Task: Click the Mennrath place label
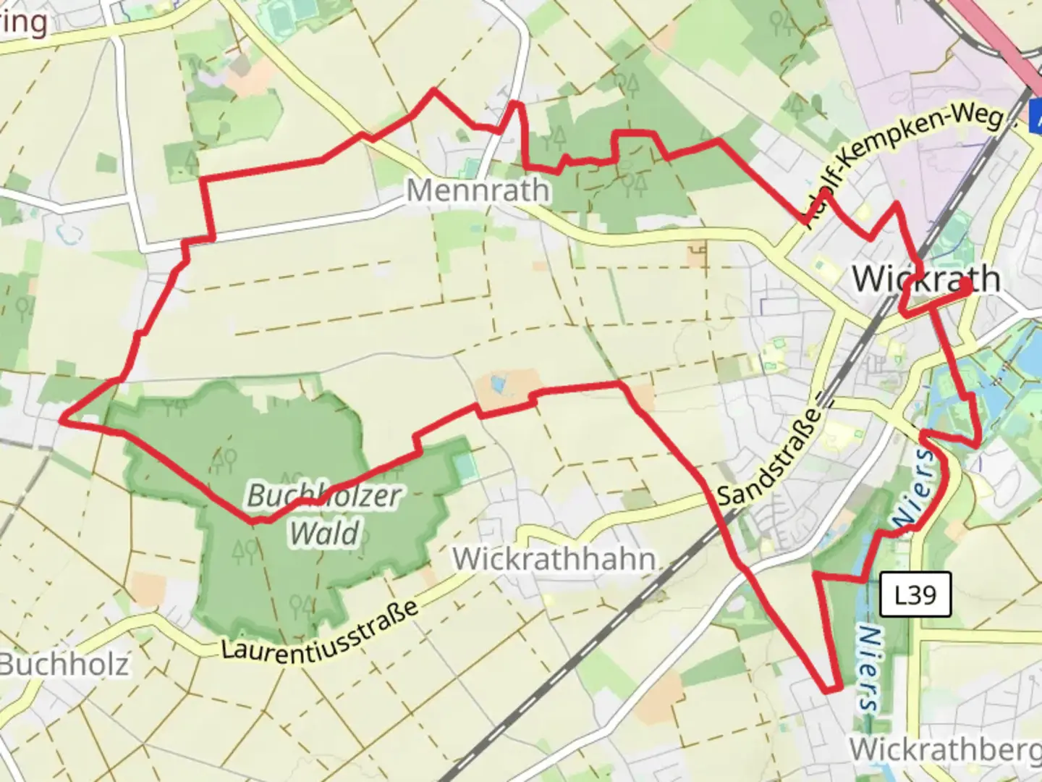(x=478, y=191)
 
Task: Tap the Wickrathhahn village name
(x=554, y=559)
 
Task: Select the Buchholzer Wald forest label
(x=324, y=514)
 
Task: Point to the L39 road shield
(x=915, y=594)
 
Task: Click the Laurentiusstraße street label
(x=319, y=630)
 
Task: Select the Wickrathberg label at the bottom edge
(x=945, y=750)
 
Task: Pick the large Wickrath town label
(x=926, y=279)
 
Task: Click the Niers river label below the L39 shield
(x=869, y=668)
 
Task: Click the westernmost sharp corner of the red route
(x=64, y=418)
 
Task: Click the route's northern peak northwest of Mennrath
(x=433, y=91)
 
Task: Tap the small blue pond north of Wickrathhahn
(x=497, y=384)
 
